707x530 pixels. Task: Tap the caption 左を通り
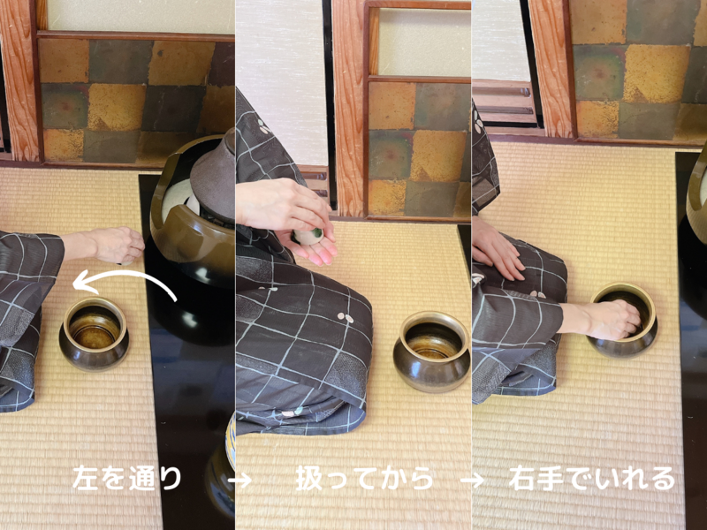[127, 478]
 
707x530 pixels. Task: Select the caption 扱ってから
[364, 478]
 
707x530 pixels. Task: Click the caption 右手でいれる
[591, 478]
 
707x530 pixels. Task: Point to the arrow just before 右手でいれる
[474, 480]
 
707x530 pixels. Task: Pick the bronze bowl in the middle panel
[431, 349]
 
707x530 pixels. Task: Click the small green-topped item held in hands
[308, 236]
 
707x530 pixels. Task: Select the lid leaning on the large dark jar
[212, 177]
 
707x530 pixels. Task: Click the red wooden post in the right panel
[551, 62]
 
